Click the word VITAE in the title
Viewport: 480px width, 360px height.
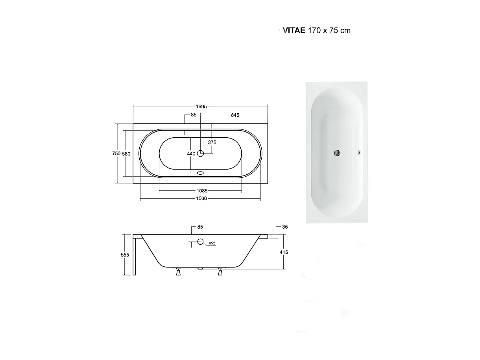coord(294,30)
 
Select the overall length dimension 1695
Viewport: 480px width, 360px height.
coord(200,107)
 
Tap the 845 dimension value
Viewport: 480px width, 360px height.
coord(235,115)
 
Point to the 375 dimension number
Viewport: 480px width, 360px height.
coord(212,142)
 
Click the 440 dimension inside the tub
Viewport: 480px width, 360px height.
coord(191,154)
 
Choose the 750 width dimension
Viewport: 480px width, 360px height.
coord(116,154)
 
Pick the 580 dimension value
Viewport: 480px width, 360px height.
coord(126,154)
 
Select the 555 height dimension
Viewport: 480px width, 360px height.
coord(125,255)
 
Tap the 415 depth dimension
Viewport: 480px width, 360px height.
coord(284,252)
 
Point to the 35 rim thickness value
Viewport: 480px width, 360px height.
coord(285,227)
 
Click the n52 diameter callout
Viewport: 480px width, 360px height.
coord(212,243)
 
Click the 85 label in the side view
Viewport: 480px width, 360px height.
coord(200,227)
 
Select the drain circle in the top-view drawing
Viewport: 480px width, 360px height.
coord(201,153)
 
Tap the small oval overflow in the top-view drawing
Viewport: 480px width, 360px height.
coord(201,172)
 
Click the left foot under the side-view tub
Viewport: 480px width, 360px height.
coord(178,272)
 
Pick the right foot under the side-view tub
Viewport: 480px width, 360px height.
coord(220,272)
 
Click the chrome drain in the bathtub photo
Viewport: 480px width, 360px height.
coord(337,153)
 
